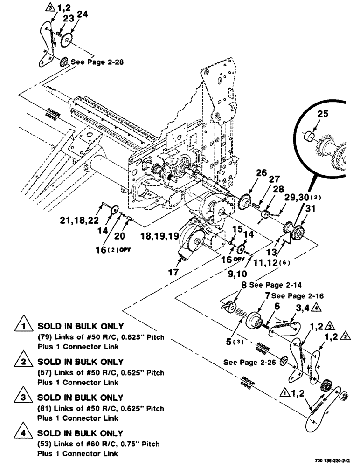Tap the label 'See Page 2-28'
[97, 62]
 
